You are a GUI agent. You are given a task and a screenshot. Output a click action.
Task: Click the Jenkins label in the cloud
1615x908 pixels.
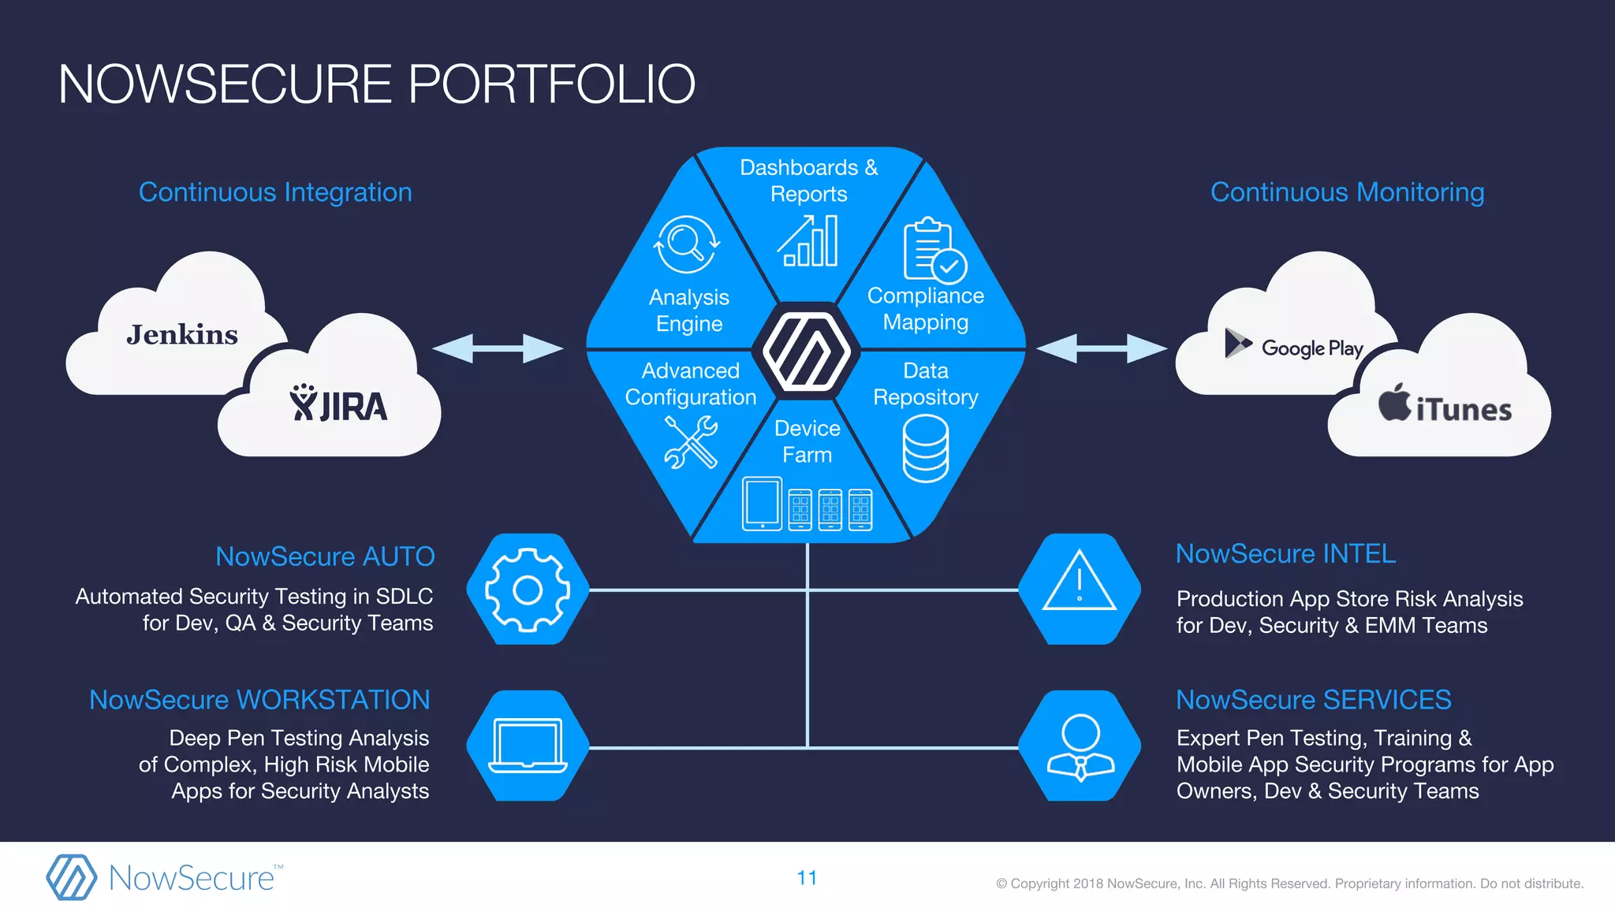[x=182, y=335]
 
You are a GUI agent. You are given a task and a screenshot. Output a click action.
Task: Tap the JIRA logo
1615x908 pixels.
[x=338, y=404]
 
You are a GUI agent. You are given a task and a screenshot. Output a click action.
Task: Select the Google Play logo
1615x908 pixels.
[x=1294, y=346]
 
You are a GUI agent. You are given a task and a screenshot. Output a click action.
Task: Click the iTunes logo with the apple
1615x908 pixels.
[x=1445, y=405]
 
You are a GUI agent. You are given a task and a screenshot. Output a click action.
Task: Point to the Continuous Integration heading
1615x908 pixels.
[x=275, y=192]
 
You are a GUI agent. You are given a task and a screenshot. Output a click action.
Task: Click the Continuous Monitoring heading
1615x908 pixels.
[x=1347, y=192]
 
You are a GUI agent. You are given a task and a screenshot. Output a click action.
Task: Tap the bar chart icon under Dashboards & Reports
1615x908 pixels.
[x=807, y=241]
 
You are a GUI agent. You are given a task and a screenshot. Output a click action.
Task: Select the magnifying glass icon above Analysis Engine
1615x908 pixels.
[x=687, y=244]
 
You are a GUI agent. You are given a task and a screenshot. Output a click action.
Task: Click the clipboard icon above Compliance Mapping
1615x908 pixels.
[x=933, y=251]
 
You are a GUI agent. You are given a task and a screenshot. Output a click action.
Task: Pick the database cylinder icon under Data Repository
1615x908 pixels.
[x=925, y=448]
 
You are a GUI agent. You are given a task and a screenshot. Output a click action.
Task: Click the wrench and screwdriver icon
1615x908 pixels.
[x=691, y=442]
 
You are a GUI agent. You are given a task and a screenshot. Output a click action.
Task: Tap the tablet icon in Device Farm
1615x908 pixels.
[x=762, y=504]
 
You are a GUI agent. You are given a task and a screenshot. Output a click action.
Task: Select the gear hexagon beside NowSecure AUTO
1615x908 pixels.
[x=528, y=590]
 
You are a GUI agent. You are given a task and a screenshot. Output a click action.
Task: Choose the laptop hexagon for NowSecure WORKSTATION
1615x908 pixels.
[x=528, y=746]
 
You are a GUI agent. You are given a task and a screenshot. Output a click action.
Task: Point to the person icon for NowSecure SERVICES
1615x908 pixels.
[x=1080, y=746]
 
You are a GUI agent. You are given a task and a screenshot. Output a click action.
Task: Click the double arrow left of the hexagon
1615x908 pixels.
[x=498, y=348]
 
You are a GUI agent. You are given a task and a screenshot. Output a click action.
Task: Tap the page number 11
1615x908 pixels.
[x=807, y=878]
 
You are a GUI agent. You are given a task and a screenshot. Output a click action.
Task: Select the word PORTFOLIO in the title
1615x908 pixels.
[x=551, y=84]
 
